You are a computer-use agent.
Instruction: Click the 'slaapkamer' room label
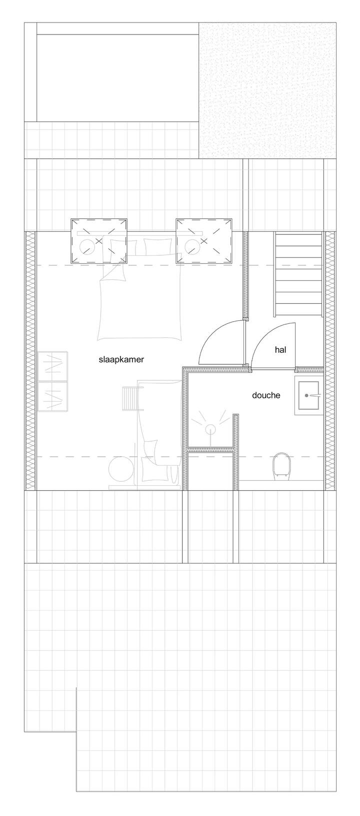[121, 360]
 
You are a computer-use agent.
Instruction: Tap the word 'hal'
[280, 350]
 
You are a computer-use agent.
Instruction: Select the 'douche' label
[266, 395]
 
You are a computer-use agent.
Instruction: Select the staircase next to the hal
[298, 275]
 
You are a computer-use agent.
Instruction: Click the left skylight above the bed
[99, 240]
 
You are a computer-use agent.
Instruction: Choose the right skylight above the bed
[204, 240]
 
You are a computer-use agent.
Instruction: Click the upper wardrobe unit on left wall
[53, 366]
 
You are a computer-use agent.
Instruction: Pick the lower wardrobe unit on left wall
[53, 397]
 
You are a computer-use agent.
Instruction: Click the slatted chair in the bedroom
[131, 399]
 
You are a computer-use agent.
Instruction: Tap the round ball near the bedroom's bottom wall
[120, 470]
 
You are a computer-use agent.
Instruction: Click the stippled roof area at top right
[267, 90]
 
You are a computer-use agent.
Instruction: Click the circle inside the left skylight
[87, 247]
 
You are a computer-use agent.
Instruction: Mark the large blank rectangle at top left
[117, 77]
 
